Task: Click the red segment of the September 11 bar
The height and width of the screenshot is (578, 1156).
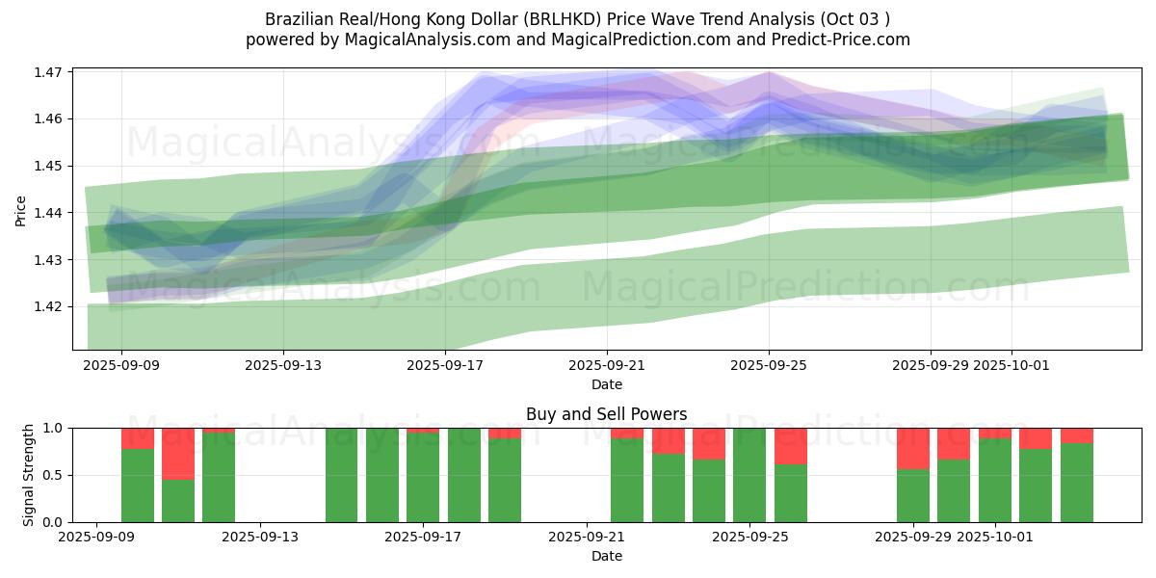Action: (178, 453)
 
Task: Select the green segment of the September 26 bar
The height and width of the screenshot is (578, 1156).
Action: (791, 493)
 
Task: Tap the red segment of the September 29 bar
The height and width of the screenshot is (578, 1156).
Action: (912, 448)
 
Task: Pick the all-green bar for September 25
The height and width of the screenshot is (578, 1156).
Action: (749, 475)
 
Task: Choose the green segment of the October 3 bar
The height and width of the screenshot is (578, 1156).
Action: (1076, 483)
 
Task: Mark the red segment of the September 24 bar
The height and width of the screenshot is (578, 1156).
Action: (709, 443)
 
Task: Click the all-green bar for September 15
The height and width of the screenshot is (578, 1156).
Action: (342, 475)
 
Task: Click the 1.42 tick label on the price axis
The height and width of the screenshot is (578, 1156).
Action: (48, 306)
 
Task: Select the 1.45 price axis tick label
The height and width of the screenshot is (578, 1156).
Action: (48, 166)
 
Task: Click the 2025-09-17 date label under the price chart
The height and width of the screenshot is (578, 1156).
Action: (445, 366)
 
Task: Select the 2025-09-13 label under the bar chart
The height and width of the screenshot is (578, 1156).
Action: (260, 538)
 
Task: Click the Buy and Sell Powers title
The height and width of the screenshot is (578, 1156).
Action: (606, 414)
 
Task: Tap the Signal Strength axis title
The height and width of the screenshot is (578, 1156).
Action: (29, 475)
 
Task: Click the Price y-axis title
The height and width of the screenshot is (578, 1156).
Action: (21, 209)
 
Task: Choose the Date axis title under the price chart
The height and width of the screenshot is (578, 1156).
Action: (606, 384)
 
